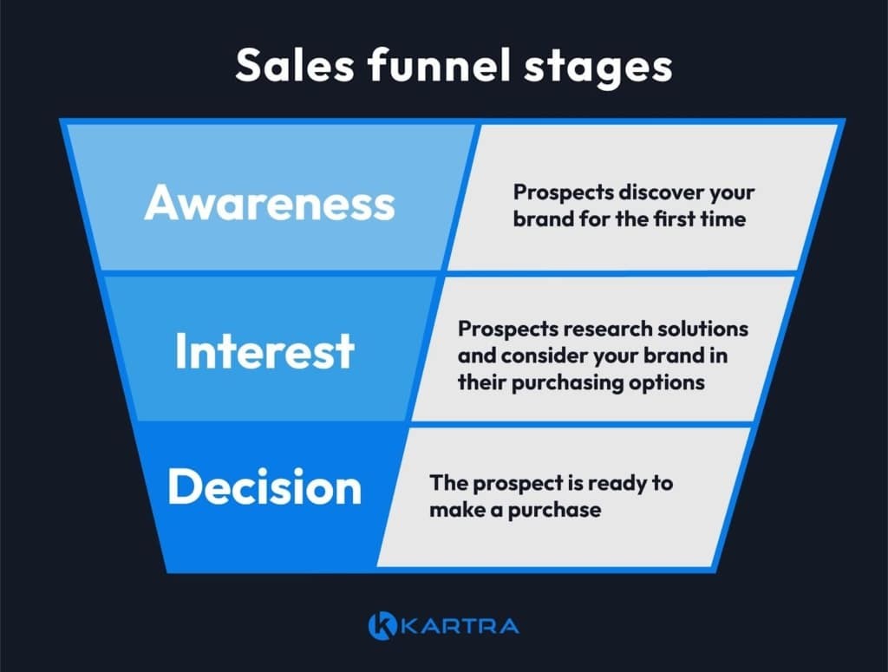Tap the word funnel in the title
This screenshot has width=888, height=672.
pyautogui.click(x=424, y=67)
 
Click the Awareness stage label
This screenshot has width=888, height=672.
pyautogui.click(x=270, y=203)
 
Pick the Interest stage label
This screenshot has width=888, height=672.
pyautogui.click(x=264, y=351)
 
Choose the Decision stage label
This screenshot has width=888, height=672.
pyautogui.click(x=264, y=487)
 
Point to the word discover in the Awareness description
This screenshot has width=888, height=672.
pyautogui.click(x=650, y=192)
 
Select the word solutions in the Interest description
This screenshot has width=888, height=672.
pyautogui.click(x=702, y=330)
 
